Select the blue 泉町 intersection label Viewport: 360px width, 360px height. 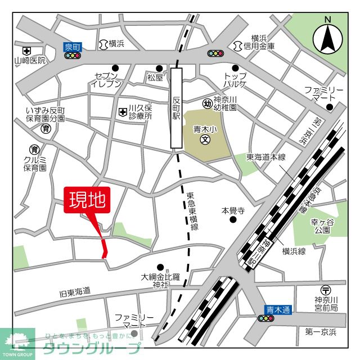(x=73, y=47)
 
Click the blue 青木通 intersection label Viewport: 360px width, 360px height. (x=278, y=309)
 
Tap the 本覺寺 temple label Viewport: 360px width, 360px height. (x=232, y=210)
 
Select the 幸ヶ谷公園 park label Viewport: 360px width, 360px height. (x=322, y=226)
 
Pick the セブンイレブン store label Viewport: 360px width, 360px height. (x=106, y=80)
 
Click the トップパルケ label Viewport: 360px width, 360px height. (x=235, y=80)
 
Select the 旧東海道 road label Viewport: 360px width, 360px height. (x=74, y=292)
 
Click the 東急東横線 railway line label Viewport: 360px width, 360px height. (x=195, y=210)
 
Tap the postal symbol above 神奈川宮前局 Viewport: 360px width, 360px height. (x=326, y=290)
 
